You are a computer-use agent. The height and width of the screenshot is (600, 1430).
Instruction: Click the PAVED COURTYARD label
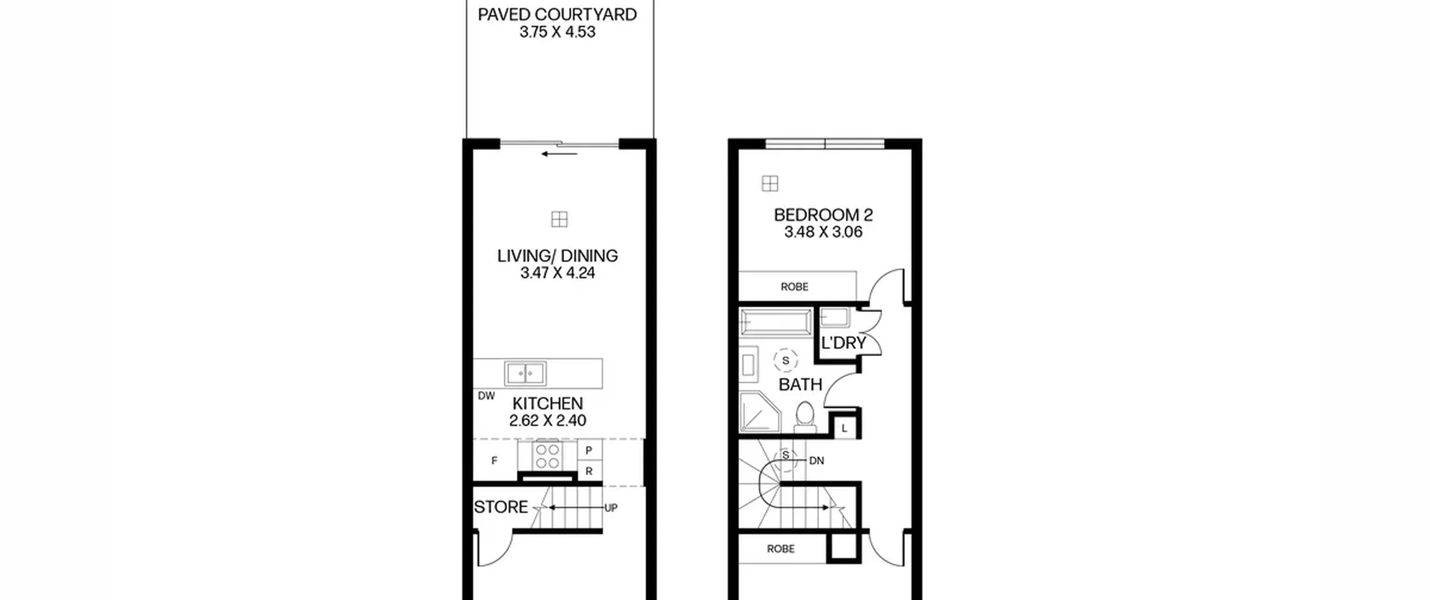coord(557,15)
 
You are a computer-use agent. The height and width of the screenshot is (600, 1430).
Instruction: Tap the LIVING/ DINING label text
coord(557,256)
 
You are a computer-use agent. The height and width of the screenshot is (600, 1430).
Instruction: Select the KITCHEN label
coord(547,404)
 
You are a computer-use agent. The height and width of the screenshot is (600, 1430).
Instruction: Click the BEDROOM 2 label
coord(823,215)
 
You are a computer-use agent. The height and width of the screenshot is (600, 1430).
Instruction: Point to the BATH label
coord(800,385)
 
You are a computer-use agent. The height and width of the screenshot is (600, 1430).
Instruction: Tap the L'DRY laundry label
coord(843,343)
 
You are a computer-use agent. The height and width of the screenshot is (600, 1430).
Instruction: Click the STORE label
coord(501,507)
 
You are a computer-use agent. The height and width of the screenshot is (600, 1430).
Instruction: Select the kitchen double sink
coord(525,373)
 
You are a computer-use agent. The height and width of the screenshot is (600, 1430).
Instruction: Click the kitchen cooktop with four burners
coord(547,455)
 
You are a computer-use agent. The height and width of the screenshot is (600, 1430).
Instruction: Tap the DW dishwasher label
coord(486,396)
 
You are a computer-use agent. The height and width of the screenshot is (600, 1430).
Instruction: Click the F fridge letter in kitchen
coord(494,460)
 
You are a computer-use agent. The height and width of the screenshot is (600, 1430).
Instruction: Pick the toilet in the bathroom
coord(805,417)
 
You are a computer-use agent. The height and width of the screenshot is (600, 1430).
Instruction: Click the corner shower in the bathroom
coord(760,412)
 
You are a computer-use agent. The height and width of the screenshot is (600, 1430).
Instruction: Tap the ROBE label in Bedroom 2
coord(794,287)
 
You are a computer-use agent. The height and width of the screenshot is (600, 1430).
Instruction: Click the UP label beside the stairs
coord(611,508)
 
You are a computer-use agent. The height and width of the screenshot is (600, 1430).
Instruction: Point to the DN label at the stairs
coord(817,461)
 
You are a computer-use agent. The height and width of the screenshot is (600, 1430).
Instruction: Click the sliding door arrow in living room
coord(559,154)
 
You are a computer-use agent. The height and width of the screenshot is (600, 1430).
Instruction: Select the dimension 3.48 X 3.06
coord(823,232)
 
